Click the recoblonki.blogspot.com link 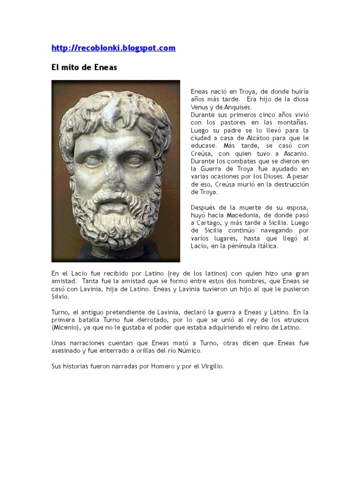[x=113, y=48]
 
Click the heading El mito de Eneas [x=84, y=67]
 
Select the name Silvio [x=60, y=296]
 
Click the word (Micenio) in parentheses [x=66, y=327]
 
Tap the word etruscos [x=294, y=320]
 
